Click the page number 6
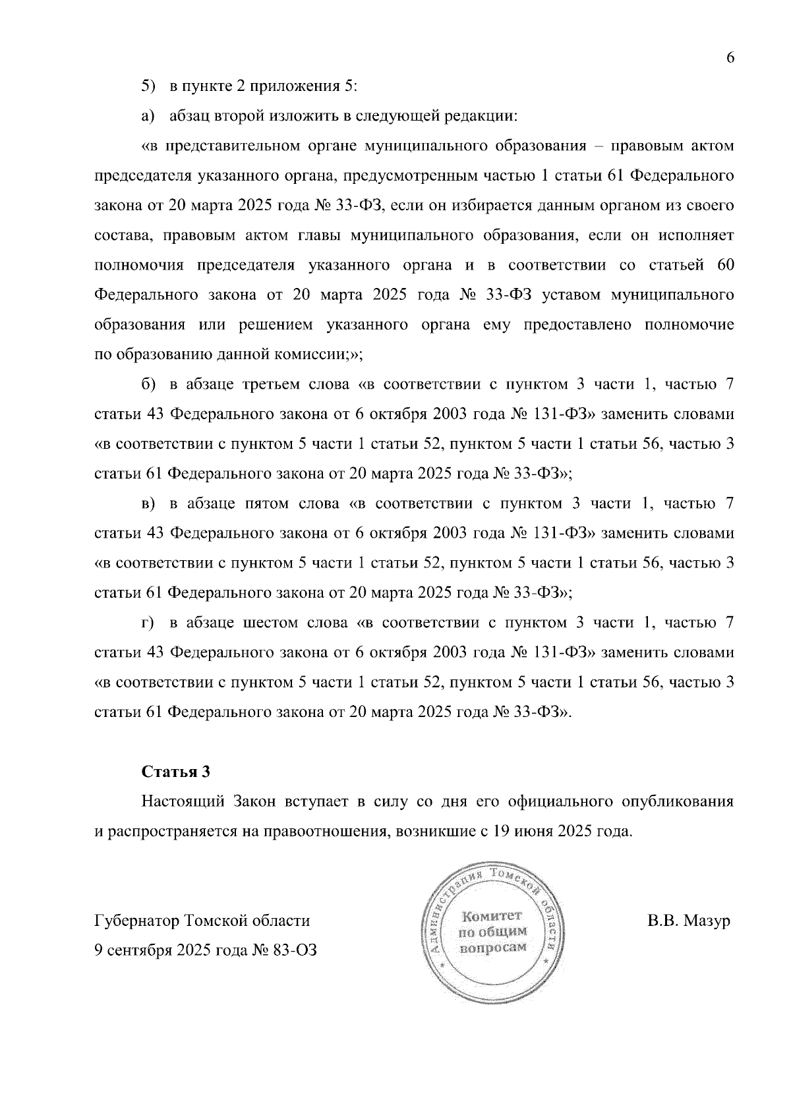[x=730, y=58]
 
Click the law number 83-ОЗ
[x=293, y=950]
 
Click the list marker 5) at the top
[x=148, y=87]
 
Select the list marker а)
[x=148, y=117]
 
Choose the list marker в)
[x=148, y=504]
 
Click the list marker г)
[x=148, y=623]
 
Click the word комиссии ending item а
[x=321, y=355]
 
